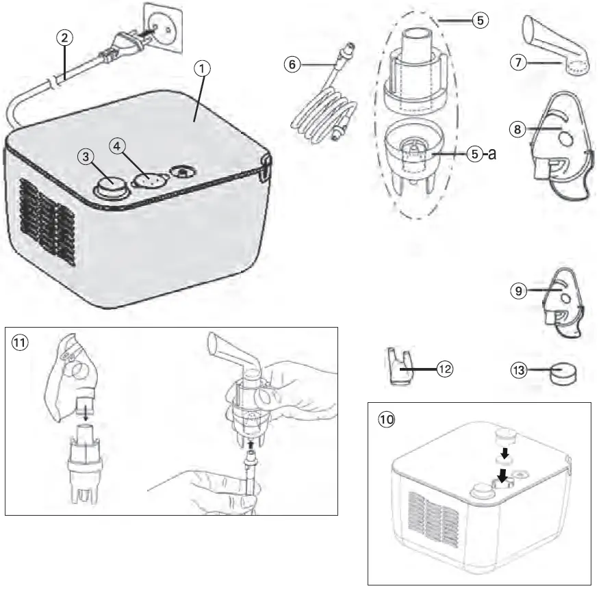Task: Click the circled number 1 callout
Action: (203, 68)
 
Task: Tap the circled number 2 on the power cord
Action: (63, 38)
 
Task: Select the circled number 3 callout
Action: (86, 157)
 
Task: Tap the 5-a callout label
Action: (481, 155)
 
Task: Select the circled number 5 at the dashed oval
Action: (480, 20)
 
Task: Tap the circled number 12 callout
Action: (445, 369)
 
